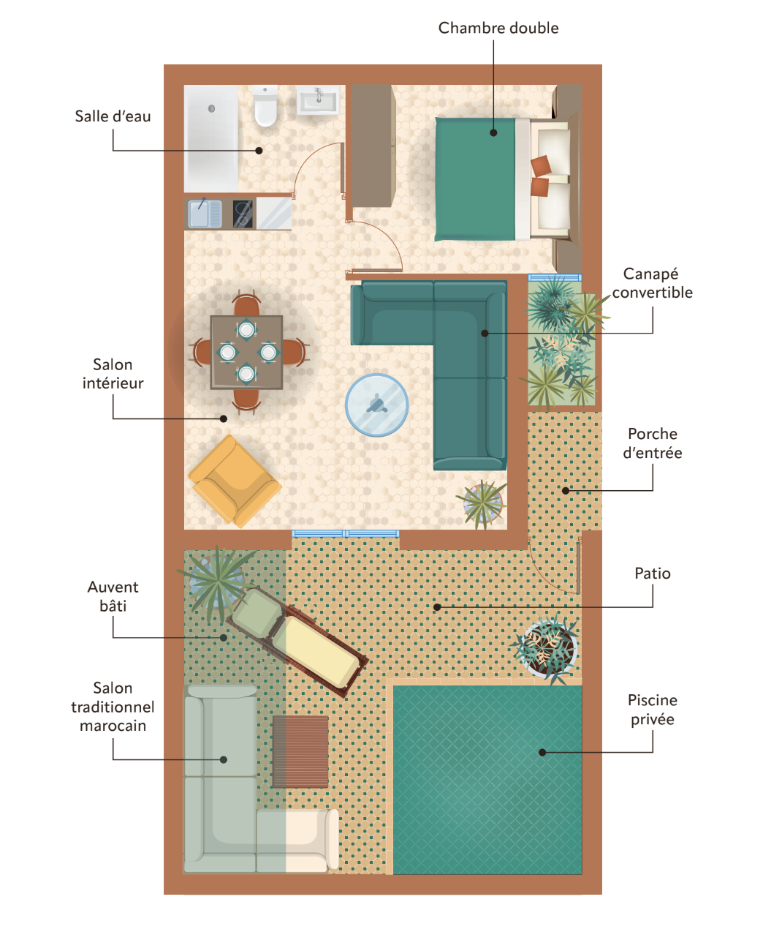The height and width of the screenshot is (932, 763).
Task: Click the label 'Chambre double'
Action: click(498, 28)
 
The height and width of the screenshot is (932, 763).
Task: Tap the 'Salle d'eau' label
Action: click(113, 116)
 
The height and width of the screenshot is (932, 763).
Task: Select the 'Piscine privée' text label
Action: click(652, 710)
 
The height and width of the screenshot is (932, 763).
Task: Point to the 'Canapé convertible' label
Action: click(652, 283)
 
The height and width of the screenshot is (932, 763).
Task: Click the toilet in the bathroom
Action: click(265, 106)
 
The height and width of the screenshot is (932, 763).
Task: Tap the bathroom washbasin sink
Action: click(318, 100)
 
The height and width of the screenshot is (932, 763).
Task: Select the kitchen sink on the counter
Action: click(205, 214)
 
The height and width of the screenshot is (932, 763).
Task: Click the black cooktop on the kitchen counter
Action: click(243, 214)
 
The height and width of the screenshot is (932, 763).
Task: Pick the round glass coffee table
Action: click(376, 405)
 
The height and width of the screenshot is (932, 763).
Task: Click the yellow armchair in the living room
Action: click(235, 481)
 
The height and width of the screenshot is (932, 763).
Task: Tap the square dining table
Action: click(246, 352)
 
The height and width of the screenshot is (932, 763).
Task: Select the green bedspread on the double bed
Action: click(475, 179)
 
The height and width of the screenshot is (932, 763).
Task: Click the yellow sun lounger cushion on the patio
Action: click(316, 650)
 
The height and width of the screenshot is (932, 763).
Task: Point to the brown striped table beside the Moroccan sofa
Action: click(300, 752)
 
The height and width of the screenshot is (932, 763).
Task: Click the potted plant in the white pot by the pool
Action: click(547, 648)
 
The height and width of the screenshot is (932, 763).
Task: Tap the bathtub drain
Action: click(211, 108)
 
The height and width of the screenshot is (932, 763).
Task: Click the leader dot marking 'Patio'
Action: click(437, 607)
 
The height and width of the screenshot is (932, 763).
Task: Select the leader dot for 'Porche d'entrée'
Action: click(566, 491)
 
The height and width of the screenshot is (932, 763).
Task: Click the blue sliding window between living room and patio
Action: click(345, 534)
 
